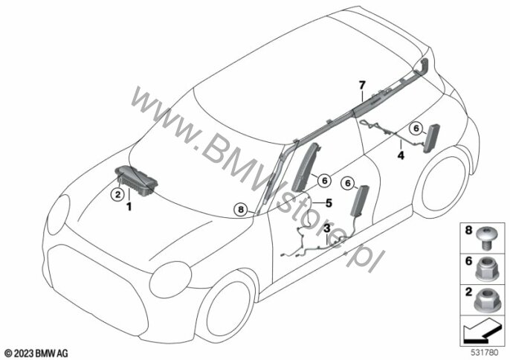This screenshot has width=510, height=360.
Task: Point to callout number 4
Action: coord(400,156)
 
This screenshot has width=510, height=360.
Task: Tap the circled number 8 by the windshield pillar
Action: coord(239,210)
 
